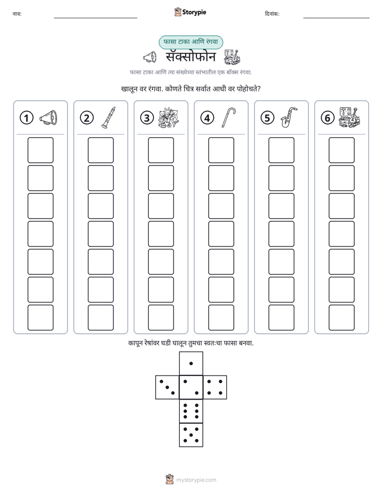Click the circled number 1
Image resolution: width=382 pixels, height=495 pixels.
pos(26,118)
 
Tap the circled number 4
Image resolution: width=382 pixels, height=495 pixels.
pos(207,118)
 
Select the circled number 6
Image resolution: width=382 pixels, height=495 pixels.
pos(327,118)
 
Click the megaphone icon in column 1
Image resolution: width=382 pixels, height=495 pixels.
pos(49,118)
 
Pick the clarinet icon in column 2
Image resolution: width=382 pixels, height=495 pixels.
pos(109,117)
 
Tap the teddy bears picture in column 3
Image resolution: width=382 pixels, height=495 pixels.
pos(169,117)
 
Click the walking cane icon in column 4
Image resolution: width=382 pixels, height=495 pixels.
pos(229,117)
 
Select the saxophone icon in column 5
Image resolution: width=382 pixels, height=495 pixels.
pos(289,117)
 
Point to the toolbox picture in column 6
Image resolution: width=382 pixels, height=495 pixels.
pos(349,117)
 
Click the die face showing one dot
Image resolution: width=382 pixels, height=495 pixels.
pos(191,363)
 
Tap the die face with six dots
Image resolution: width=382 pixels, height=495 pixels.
pos(191,411)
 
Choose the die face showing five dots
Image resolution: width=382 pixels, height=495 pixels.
pos(191,435)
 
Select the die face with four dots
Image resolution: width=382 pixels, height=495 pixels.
pos(215,387)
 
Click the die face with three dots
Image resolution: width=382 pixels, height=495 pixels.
pos(167,387)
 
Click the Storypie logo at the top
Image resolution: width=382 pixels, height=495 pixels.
pos(190,12)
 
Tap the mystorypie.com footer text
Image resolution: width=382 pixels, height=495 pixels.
pos(196,480)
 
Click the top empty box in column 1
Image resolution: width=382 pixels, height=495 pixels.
pos(40,150)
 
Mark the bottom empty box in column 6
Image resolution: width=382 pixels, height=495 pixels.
pos(342,318)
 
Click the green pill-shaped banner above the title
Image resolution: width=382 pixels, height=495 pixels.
pos(190,42)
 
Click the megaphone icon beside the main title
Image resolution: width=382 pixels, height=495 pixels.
pos(150,57)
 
